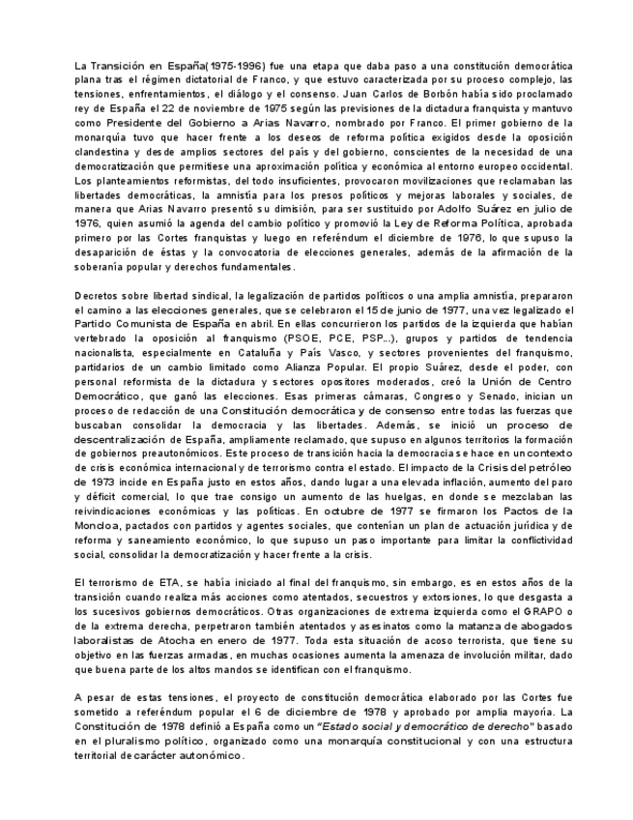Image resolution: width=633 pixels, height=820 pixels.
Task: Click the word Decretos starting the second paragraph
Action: tap(99, 296)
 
